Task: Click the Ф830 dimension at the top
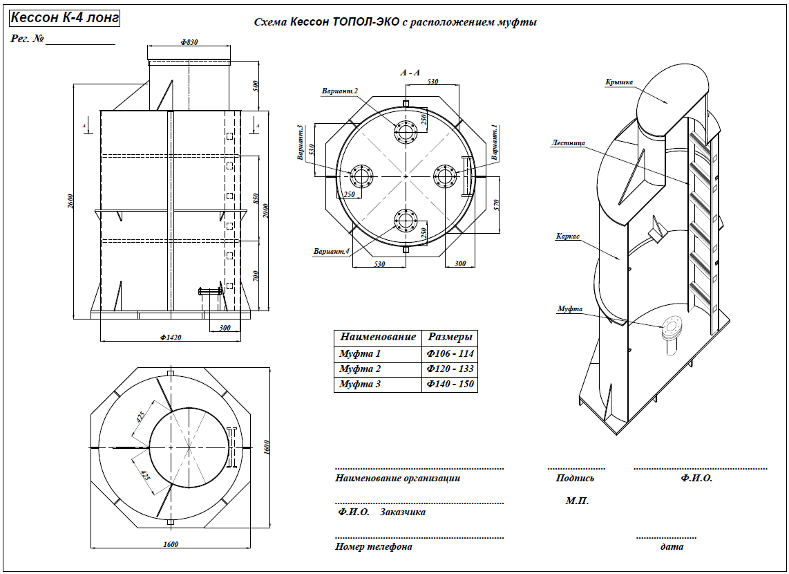click(x=189, y=43)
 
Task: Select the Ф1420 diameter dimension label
click(x=170, y=337)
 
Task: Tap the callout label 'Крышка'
click(x=619, y=82)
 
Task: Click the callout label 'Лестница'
click(x=568, y=144)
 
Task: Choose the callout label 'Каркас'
click(x=567, y=237)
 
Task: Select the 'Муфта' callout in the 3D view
click(x=570, y=308)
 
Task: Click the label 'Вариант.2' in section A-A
click(x=339, y=91)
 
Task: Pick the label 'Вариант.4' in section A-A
click(x=332, y=252)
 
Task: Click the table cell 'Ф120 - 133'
click(x=450, y=369)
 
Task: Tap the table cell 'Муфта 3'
click(x=360, y=384)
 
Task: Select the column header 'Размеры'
click(x=450, y=337)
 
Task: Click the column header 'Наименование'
click(x=377, y=337)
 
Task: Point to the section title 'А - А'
click(x=410, y=72)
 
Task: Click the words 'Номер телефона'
click(x=374, y=546)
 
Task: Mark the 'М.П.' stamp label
click(x=577, y=501)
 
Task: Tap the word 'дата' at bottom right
click(x=672, y=546)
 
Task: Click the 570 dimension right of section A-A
click(x=494, y=205)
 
